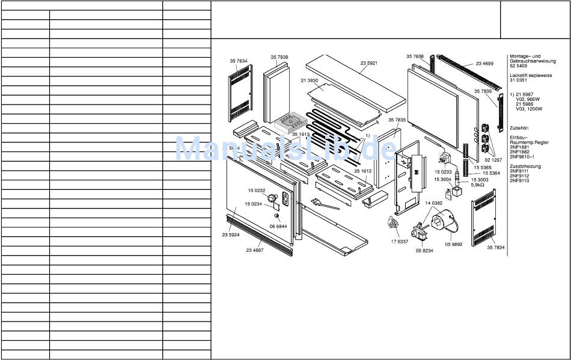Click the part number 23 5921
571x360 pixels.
click(369, 63)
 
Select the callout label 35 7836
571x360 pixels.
click(279, 57)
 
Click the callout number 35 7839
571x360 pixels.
click(483, 91)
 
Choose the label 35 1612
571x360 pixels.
click(362, 171)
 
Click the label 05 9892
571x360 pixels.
click(453, 245)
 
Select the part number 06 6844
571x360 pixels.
click(278, 226)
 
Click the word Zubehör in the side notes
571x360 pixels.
click(520, 128)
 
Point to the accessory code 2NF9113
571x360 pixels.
click(519, 180)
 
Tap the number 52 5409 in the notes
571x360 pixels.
click(518, 67)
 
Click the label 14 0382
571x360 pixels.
click(433, 204)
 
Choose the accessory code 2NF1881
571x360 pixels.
click(519, 147)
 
